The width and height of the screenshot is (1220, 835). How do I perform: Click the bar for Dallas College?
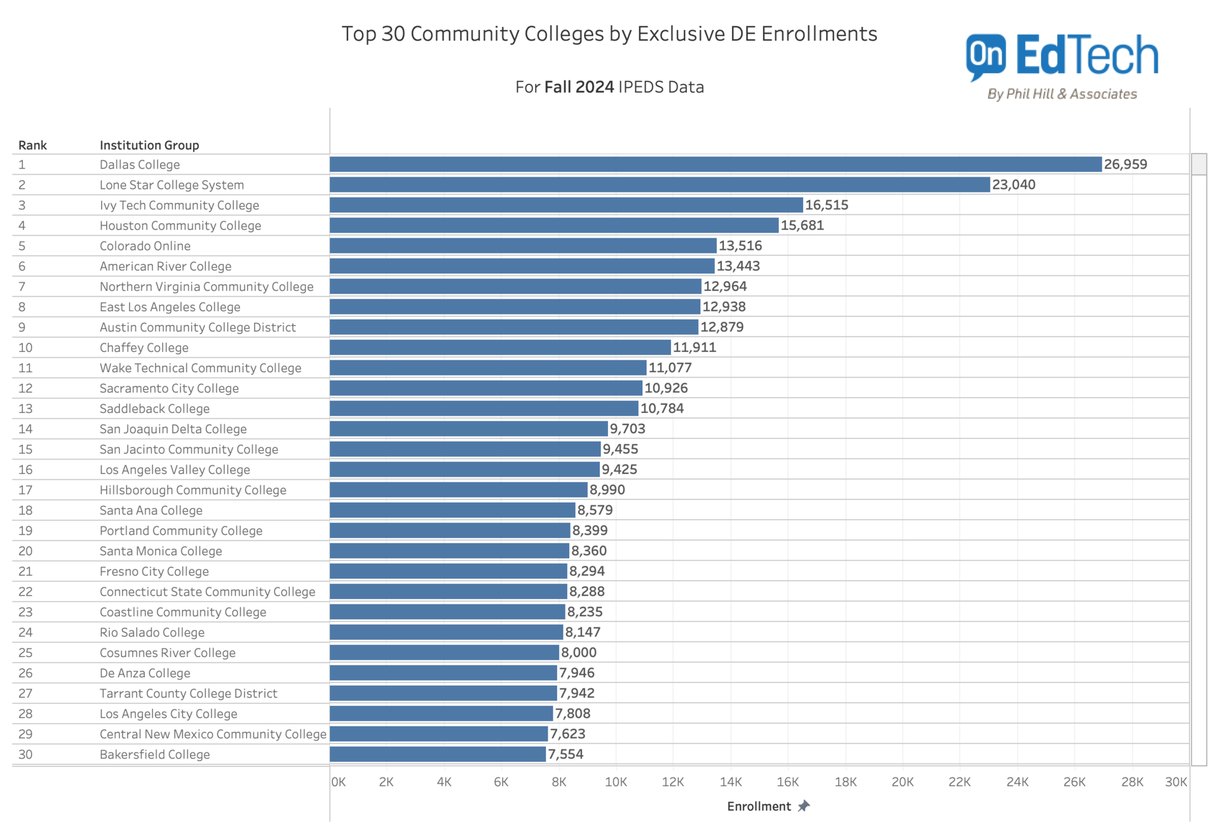click(x=715, y=164)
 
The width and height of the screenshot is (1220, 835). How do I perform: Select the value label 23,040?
click(x=1013, y=185)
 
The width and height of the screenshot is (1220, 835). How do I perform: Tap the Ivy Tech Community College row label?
click(x=179, y=205)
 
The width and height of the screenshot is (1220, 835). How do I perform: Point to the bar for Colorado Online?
click(x=522, y=246)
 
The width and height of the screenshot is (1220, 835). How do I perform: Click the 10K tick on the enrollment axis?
click(x=615, y=782)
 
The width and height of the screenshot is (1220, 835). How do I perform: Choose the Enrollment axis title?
click(x=759, y=806)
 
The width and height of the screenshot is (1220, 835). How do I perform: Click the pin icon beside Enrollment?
click(x=804, y=806)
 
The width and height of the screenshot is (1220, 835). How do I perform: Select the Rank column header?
click(x=32, y=145)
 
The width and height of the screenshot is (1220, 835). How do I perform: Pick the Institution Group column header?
click(x=149, y=145)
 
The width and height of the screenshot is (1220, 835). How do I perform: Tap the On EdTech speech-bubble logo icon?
click(x=986, y=57)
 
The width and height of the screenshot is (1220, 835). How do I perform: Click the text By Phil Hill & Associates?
click(x=1062, y=94)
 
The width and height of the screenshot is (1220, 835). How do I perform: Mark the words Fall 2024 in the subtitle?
click(x=579, y=87)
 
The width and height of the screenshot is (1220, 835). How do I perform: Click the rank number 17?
click(x=25, y=490)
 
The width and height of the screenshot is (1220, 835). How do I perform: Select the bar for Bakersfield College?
click(x=437, y=754)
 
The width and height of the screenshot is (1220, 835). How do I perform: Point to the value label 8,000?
click(x=579, y=653)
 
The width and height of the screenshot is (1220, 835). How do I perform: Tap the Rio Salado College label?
click(x=152, y=632)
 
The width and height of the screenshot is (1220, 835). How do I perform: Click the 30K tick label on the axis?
click(x=1176, y=782)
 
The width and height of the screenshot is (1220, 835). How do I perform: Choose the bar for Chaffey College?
click(x=500, y=348)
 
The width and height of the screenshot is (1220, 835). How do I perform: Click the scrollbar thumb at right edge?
click(x=1198, y=164)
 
